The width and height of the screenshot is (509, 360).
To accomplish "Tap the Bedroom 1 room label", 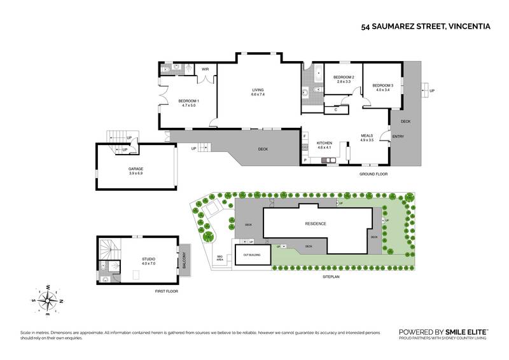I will click(188, 104).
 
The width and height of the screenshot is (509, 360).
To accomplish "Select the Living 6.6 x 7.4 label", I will click(258, 93).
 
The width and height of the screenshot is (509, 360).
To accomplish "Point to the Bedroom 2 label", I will click(344, 80).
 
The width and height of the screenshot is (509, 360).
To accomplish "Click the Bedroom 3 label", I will click(383, 88).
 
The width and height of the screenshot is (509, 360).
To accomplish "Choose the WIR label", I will click(206, 69).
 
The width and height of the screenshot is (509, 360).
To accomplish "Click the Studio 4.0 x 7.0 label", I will click(148, 261).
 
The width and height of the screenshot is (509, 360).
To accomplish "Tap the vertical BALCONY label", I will click(185, 261).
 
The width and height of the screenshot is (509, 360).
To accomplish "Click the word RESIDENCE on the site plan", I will click(315, 224).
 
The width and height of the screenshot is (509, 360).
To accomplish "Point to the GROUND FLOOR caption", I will click(373, 174).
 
